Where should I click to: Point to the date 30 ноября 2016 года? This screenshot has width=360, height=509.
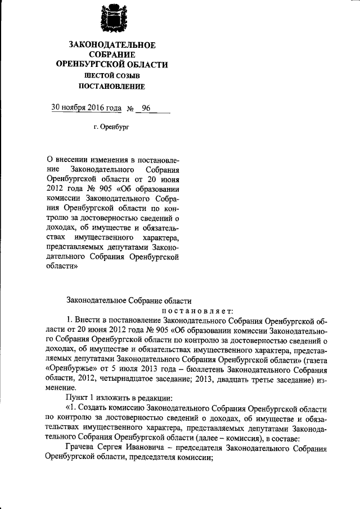[x=85, y=107]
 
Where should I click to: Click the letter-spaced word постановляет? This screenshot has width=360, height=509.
[x=201, y=311]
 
